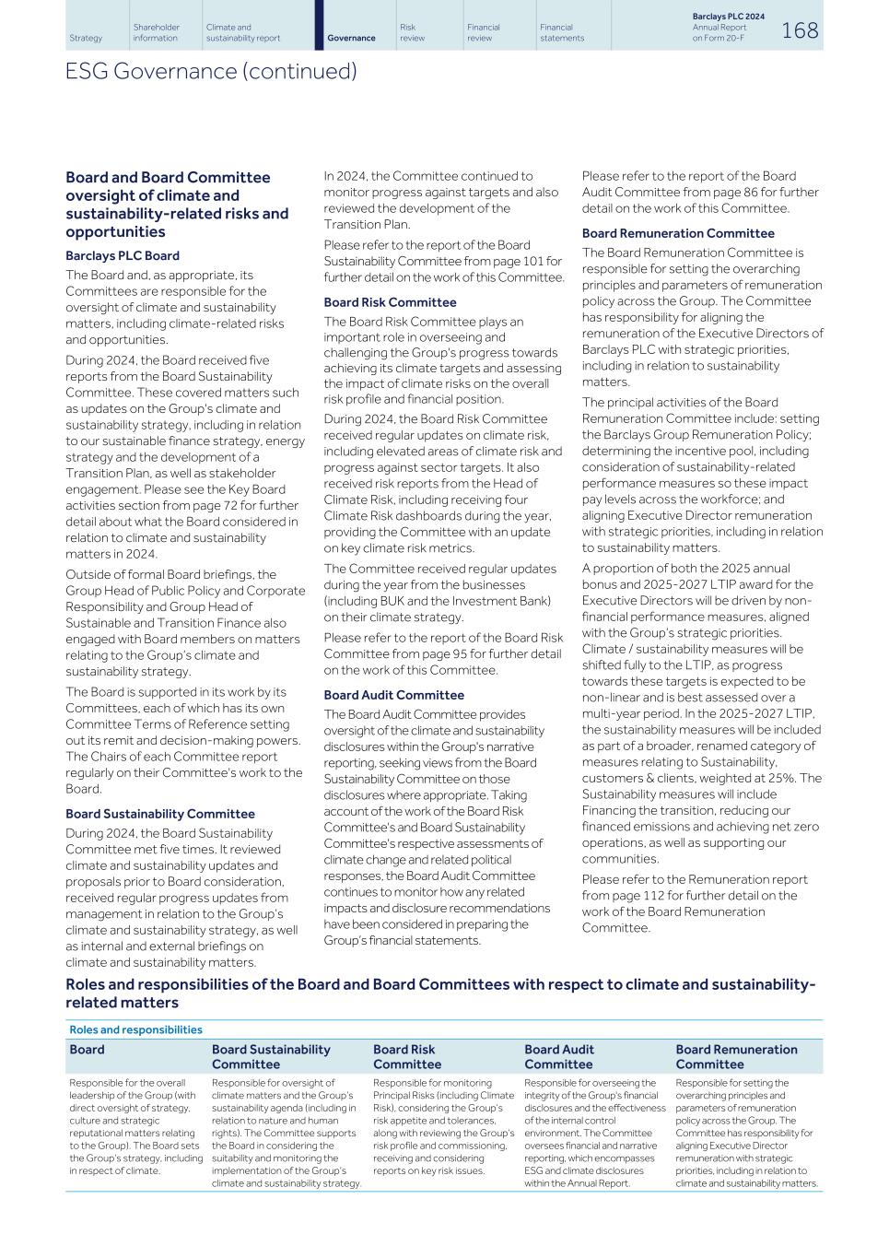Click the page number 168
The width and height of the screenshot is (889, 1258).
(x=799, y=30)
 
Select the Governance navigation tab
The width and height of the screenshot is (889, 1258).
(x=351, y=38)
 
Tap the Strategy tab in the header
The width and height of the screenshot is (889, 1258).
(x=86, y=38)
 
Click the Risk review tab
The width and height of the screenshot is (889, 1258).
(x=412, y=32)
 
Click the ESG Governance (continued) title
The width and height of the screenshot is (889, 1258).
(x=211, y=72)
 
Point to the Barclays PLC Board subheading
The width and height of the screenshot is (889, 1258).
(x=123, y=256)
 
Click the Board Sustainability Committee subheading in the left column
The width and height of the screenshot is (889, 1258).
(x=159, y=814)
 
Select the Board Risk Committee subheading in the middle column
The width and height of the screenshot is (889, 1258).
(x=390, y=302)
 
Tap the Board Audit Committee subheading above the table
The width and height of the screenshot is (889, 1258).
(x=393, y=695)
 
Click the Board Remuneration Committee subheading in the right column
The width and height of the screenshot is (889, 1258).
(x=677, y=233)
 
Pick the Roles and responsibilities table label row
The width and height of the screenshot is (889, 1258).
(x=135, y=1029)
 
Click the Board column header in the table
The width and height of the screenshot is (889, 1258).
(x=87, y=1050)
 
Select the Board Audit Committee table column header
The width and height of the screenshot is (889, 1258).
(x=558, y=1056)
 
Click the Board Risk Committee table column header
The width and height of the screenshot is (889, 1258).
(x=406, y=1056)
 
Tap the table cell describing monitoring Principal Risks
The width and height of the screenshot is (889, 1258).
(x=443, y=1126)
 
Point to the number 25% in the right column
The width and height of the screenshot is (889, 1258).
(x=784, y=778)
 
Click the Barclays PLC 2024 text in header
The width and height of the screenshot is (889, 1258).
(x=728, y=17)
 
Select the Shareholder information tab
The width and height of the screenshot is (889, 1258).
(x=156, y=32)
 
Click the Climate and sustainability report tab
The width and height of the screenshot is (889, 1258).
(x=242, y=32)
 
